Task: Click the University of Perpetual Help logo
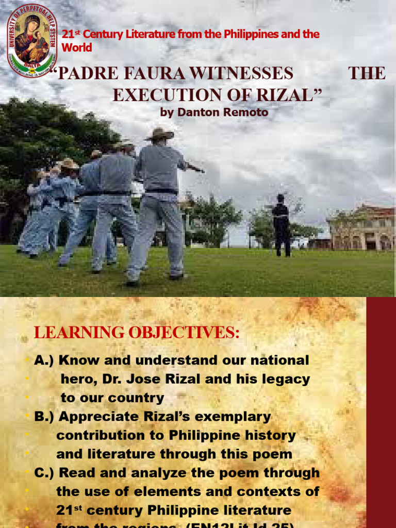(31, 41)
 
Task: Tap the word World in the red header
(77, 48)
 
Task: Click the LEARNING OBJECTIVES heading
(137, 333)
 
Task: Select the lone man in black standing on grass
(282, 225)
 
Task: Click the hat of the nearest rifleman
(159, 134)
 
